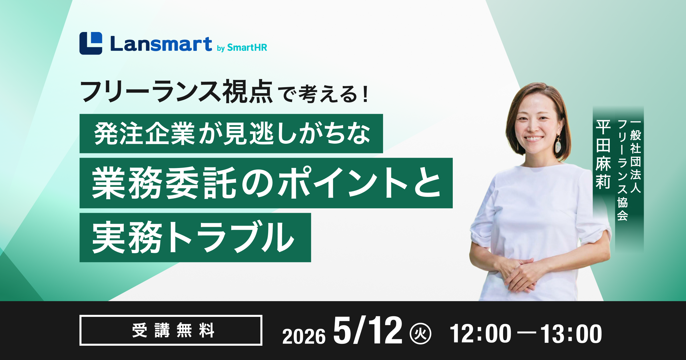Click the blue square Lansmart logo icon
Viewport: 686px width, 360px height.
(x=91, y=43)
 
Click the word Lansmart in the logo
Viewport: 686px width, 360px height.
(x=161, y=44)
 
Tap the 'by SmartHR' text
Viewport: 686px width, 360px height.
(x=242, y=47)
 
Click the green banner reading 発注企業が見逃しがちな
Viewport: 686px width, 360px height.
(x=231, y=133)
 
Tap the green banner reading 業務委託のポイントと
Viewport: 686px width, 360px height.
(x=266, y=183)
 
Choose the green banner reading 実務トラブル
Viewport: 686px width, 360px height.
(x=195, y=237)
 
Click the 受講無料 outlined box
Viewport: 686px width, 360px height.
(x=171, y=330)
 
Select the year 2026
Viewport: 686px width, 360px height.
(x=304, y=336)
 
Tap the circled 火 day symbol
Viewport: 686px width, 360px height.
(x=420, y=333)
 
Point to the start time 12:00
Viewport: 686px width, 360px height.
(x=480, y=333)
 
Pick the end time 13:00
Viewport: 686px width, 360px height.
(x=571, y=333)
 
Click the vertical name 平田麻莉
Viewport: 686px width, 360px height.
(x=603, y=154)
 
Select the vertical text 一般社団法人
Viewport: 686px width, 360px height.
(x=635, y=157)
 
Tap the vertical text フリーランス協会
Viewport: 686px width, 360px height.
(x=623, y=170)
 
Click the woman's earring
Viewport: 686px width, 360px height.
(x=558, y=145)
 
